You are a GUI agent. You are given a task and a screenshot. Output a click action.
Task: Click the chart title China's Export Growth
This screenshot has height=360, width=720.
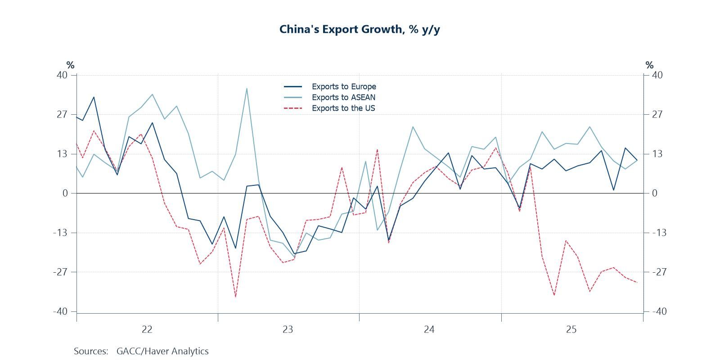(x=360, y=29)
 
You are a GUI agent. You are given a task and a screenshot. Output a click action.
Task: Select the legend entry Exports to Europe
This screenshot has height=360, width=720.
(x=343, y=86)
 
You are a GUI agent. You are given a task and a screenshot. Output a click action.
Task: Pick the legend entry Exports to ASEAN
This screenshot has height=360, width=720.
(x=343, y=97)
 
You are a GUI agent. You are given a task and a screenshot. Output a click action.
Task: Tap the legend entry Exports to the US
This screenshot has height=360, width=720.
(x=343, y=108)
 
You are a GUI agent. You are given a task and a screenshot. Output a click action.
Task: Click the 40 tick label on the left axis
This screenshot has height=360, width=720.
(x=62, y=75)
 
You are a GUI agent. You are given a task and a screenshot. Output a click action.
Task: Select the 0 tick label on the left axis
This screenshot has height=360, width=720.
(x=65, y=193)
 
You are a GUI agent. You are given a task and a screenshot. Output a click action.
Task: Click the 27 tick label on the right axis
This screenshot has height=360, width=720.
(x=657, y=114)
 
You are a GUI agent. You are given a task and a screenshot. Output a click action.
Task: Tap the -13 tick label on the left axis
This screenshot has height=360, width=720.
(x=60, y=233)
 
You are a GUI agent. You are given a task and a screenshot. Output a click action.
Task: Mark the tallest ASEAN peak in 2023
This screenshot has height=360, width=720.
(x=247, y=89)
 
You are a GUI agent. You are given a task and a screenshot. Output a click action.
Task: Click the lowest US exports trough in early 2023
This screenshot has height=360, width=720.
(x=235, y=297)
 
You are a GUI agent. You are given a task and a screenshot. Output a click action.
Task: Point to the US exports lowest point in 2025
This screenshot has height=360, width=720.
(x=554, y=295)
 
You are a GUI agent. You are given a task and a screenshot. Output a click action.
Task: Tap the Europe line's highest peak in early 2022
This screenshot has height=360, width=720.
(x=94, y=97)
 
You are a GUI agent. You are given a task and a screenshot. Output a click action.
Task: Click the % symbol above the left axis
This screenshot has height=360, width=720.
(x=70, y=65)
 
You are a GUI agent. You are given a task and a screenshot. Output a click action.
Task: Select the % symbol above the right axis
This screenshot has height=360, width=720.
(x=649, y=65)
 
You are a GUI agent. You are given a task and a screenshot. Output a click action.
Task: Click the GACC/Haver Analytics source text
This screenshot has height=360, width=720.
(x=162, y=351)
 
